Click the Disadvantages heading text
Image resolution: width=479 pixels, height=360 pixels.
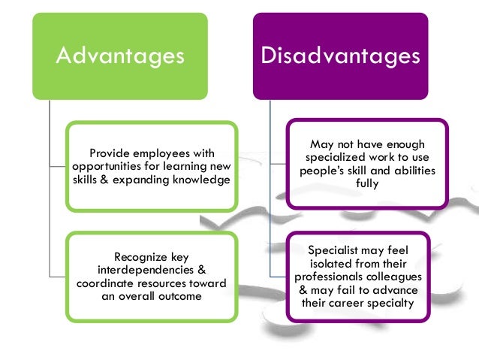(x=340, y=57)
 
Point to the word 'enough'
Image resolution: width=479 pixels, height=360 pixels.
(x=405, y=144)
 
